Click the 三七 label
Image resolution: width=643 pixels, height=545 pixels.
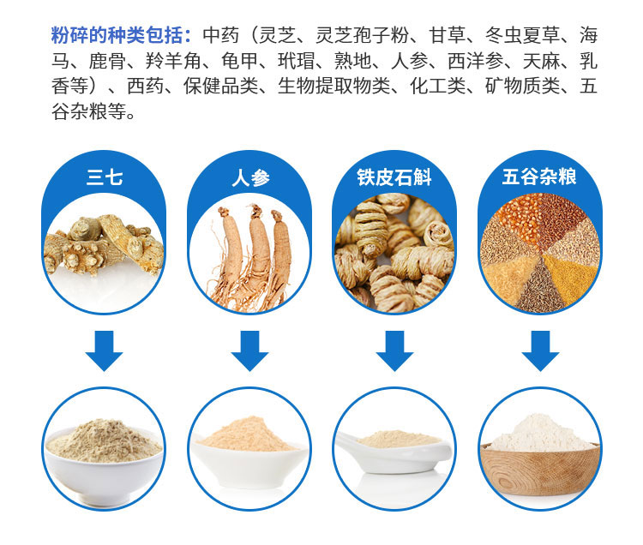coord(104,177)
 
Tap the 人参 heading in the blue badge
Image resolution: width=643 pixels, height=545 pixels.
coord(250,178)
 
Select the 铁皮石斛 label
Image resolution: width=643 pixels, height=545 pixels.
coord(394,177)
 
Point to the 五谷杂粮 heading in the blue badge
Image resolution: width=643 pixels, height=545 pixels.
coord(539,177)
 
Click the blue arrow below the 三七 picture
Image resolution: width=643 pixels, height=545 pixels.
coord(104,350)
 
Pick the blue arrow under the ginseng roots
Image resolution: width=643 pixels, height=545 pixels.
coord(249,350)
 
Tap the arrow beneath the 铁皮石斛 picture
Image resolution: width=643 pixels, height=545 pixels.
coord(394,350)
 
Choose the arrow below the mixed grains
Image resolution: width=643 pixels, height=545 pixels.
coord(540,350)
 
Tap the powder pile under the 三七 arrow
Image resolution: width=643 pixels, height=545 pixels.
coord(104,440)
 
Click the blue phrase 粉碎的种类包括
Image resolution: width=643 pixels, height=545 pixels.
coord(117,35)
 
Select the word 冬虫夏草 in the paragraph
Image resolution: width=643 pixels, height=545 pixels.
coord(522,35)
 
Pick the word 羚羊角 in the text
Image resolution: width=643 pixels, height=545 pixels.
coord(173,61)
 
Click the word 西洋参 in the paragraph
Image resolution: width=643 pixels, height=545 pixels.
coord(475,61)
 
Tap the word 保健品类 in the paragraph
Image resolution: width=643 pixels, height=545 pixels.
coord(220,86)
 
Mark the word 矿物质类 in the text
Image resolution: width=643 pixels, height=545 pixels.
coord(522,86)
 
